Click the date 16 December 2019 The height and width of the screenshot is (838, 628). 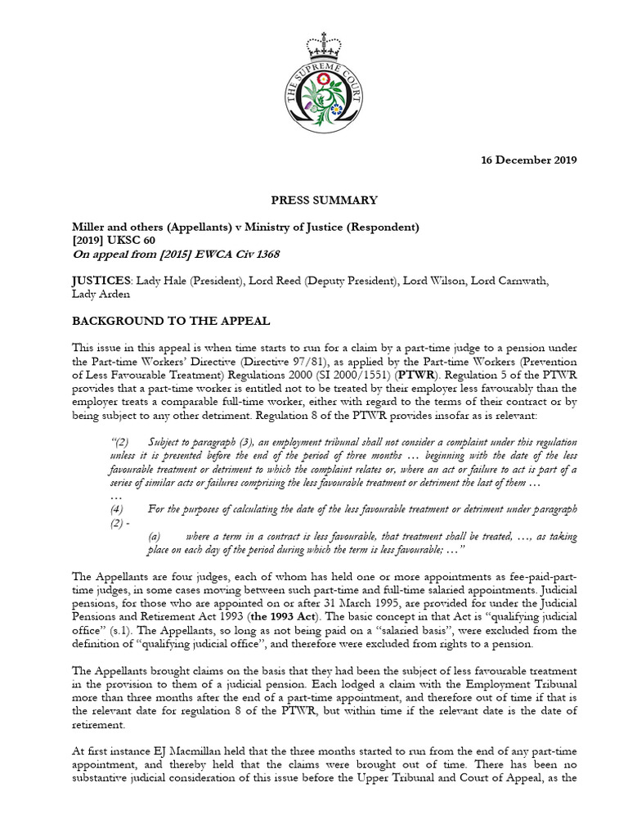[x=527, y=160]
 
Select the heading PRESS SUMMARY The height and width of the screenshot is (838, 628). [x=313, y=200]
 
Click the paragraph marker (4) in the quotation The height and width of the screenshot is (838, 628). [x=115, y=509]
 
